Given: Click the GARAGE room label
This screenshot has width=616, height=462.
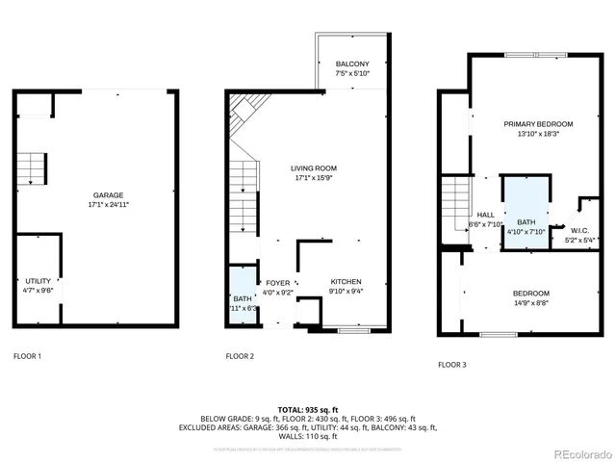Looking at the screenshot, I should coord(107,194).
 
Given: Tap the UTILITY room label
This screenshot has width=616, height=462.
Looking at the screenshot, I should coord(38,280).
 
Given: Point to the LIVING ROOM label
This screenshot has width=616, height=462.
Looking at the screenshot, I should coord(314,168).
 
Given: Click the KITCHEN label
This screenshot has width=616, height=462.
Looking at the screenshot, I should coord(346,283).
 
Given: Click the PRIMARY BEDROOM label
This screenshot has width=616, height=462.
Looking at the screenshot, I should coord(538,124).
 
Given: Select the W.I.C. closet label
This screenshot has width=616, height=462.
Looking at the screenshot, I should coord(579,230).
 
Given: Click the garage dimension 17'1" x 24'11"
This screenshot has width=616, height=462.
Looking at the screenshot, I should coord(108,205).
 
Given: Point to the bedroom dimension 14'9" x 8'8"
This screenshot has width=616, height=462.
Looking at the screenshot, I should coord(530,303).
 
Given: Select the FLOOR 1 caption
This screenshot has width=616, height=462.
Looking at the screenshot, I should coord(27,356).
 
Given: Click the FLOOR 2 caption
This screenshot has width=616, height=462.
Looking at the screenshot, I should coord(240,356).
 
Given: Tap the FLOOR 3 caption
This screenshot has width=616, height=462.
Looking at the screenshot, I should coord(451,365).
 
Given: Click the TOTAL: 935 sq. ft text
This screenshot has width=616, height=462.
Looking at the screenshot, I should coord(307,410).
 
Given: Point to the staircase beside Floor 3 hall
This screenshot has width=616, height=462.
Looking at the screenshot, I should coord(453,202).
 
